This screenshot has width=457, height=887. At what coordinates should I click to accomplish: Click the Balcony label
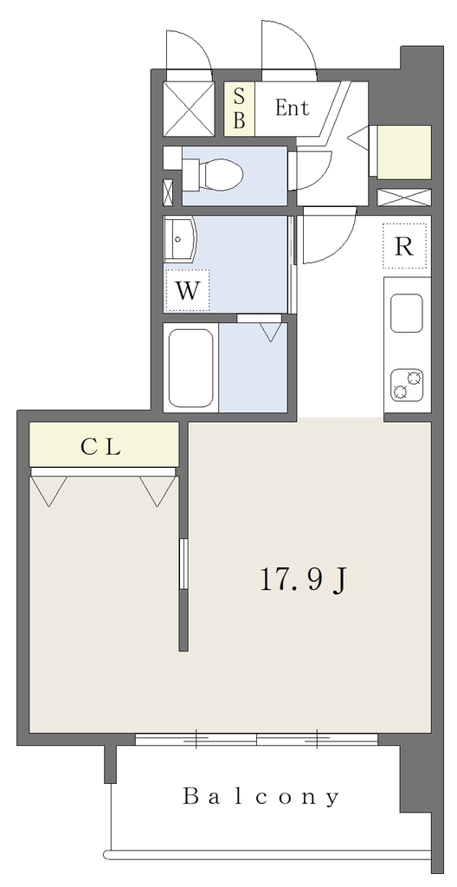click(261, 798)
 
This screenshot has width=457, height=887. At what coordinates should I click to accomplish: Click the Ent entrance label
click(293, 107)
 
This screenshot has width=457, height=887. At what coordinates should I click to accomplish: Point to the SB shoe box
click(239, 108)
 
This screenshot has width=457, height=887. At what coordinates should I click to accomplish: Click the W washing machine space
click(187, 290)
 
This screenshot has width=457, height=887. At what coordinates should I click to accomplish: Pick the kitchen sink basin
click(407, 313)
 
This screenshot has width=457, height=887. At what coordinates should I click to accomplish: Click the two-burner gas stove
click(407, 384)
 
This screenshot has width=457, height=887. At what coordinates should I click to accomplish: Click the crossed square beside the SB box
click(189, 108)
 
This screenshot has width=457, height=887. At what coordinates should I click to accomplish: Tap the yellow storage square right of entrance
click(404, 152)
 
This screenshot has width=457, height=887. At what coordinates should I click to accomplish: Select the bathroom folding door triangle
click(271, 332)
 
